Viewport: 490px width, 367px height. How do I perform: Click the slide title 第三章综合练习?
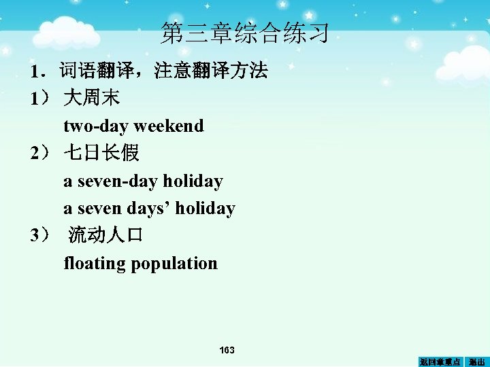coord(245,33)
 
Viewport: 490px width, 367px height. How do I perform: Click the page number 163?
coord(227,350)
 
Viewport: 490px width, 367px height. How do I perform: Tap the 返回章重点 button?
coord(440,362)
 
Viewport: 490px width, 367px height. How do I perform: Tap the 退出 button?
coord(477,362)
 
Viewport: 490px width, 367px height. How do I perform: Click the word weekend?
coord(169,126)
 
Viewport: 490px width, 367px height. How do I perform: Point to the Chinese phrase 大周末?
coord(92,99)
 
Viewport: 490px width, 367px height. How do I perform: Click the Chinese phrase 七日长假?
coord(101,154)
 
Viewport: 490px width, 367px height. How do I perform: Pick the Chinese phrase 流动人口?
coord(105,236)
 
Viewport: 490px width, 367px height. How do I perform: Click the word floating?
coord(95,264)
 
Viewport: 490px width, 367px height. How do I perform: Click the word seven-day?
coord(118,181)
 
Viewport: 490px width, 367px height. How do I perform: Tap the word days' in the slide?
coord(149,209)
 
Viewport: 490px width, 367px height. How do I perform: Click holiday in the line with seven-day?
coord(193,181)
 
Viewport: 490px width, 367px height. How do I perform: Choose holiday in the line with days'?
coord(205,209)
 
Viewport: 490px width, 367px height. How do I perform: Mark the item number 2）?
coord(40,154)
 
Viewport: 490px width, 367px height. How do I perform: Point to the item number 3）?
coord(40,236)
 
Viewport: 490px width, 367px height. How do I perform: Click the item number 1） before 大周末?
coord(40,99)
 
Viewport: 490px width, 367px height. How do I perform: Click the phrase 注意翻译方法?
coord(211,71)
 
